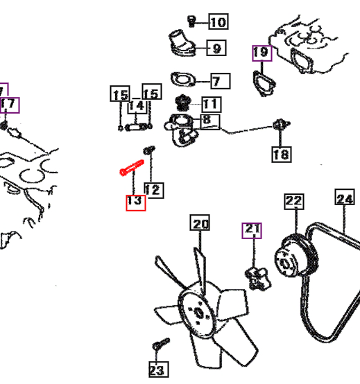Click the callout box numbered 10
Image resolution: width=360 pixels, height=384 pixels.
coord(218,21)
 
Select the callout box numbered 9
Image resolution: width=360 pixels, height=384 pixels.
coord(216,48)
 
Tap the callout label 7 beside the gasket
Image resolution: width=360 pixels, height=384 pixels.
coord(221,81)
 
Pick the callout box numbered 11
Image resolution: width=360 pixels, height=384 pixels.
coord(212,105)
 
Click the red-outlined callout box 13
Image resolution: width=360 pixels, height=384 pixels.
coord(136,203)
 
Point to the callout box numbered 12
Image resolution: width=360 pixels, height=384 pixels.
coord(154,191)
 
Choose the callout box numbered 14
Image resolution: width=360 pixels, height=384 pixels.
coord(137,106)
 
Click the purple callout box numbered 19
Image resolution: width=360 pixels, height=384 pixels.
coord(262,53)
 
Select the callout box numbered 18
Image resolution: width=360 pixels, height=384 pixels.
coord(282,155)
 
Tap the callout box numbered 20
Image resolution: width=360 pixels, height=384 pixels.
coord(200,222)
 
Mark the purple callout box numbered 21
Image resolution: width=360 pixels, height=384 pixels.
coord(252,231)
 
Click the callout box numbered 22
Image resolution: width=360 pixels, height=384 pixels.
coord(294,202)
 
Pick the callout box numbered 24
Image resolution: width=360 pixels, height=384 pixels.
coord(345,197)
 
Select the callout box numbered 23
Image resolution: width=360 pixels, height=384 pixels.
coord(159,369)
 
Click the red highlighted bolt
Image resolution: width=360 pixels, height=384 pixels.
coord(132,168)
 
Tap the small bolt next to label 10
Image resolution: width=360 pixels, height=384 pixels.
coord(191,21)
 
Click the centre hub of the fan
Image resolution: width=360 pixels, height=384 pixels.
coord(198,313)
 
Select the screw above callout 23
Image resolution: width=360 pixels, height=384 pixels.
coord(161,344)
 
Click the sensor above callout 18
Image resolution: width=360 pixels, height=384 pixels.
coord(281,125)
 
